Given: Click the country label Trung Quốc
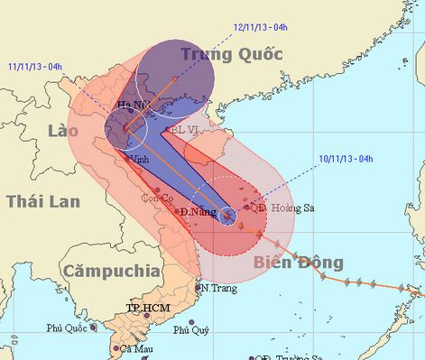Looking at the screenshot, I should tap(232, 54).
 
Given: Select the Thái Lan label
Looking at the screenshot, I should tap(38, 200).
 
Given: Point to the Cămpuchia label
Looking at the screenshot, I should tap(111, 270).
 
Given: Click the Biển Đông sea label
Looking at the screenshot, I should tap(298, 263).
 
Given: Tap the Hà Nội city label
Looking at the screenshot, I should tap(133, 106).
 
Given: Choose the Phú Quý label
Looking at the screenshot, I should tap(190, 331).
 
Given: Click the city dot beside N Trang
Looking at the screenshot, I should tap(199, 288).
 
